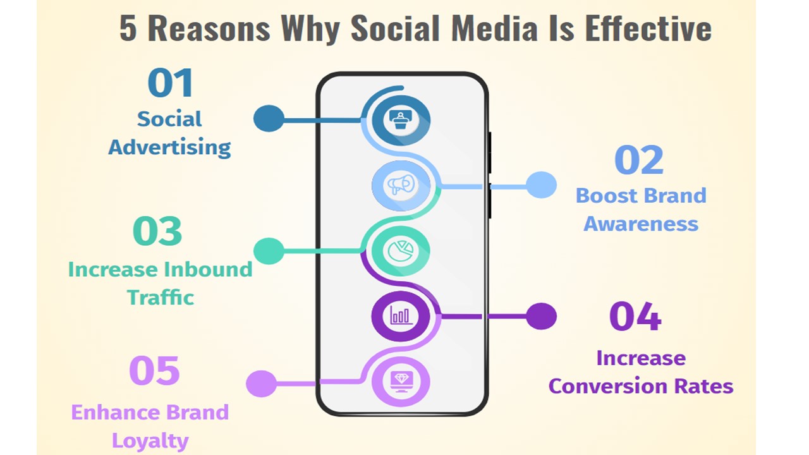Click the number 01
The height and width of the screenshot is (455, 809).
(x=170, y=83)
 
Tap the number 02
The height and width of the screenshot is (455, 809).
(x=639, y=160)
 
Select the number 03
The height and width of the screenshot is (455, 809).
(x=157, y=231)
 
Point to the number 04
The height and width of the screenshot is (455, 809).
(x=635, y=317)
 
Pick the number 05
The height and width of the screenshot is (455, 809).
(x=154, y=370)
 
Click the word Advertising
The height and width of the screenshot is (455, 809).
(x=169, y=147)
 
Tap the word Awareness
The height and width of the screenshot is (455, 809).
(x=641, y=224)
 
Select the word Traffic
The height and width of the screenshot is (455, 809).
(x=161, y=297)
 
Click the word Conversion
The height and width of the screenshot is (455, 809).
(x=608, y=386)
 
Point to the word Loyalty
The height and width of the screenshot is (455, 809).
(x=150, y=440)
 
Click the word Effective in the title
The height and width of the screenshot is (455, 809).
(x=648, y=28)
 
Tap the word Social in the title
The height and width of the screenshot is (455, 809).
(x=395, y=28)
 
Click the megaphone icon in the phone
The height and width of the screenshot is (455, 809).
(x=401, y=185)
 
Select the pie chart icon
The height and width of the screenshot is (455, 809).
(x=401, y=251)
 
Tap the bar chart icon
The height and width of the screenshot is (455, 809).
(x=401, y=315)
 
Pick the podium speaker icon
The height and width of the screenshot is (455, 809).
(x=401, y=119)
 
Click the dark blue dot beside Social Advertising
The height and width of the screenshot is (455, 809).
(x=269, y=118)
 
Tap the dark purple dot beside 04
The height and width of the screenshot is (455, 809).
(x=541, y=317)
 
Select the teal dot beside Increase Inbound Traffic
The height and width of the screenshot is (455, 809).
(x=269, y=251)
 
